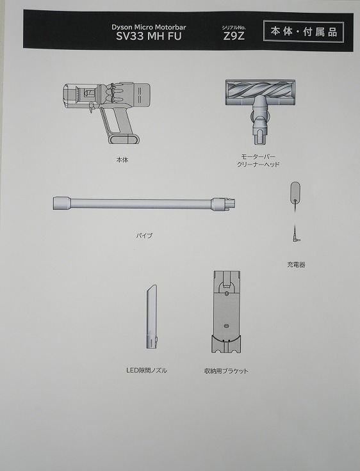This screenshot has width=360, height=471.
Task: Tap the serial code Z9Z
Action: click(x=233, y=37)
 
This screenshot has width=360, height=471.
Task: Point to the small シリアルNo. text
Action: click(x=233, y=27)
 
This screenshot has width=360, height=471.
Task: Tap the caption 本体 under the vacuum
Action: click(x=122, y=160)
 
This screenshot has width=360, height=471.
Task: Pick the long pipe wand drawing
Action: click(x=141, y=204)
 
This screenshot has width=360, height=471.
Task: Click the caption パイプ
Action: click(x=144, y=235)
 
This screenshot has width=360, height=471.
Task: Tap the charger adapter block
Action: click(x=295, y=191)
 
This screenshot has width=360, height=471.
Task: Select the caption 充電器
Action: click(x=296, y=264)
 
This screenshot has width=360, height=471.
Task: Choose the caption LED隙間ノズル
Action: click(x=146, y=371)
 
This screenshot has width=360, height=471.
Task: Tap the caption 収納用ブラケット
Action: click(x=226, y=371)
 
